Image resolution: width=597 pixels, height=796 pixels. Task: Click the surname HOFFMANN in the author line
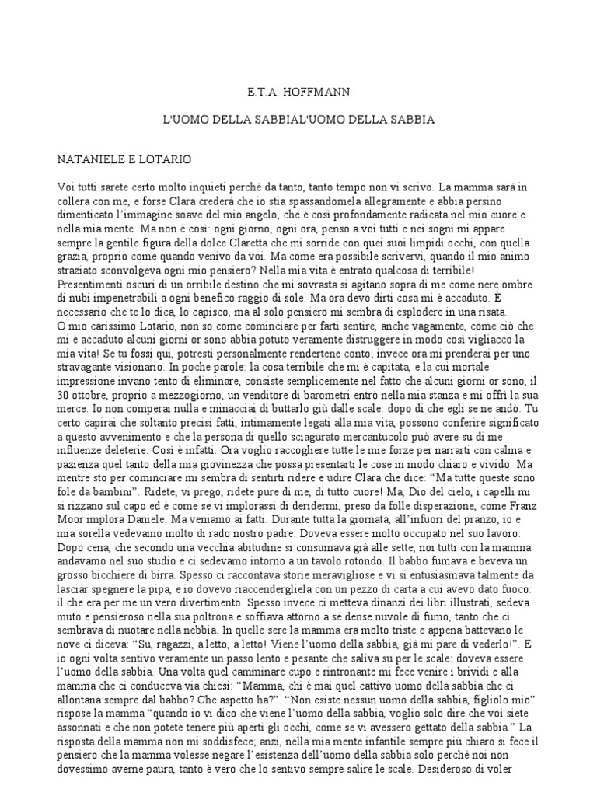317,93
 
